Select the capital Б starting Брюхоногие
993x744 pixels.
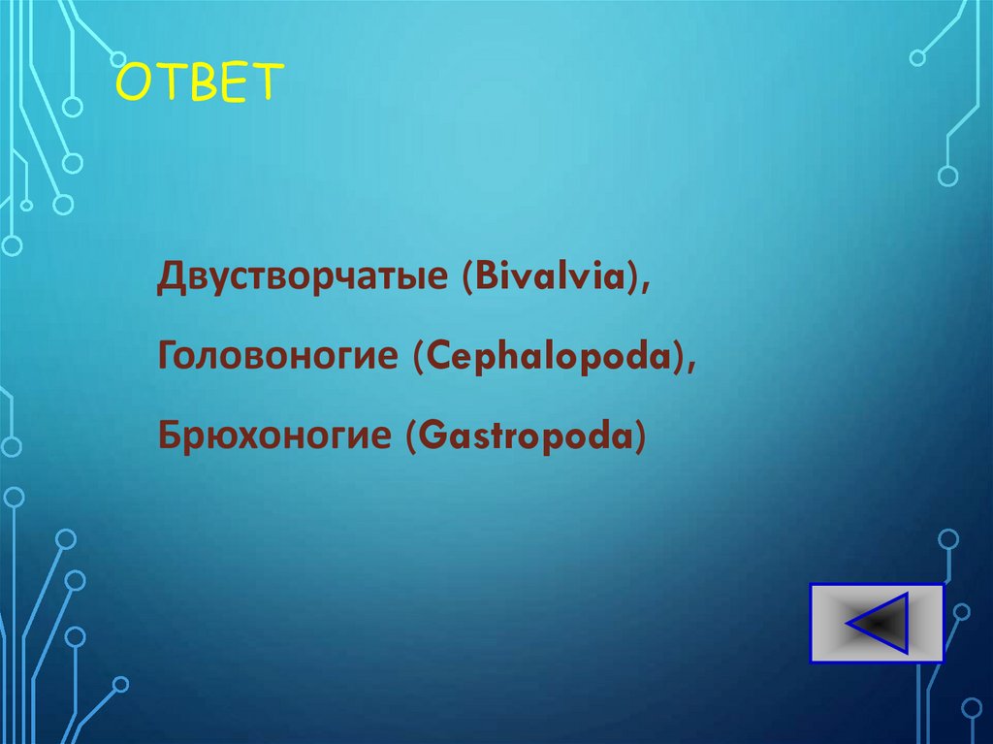171,436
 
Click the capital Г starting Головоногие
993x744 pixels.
169,357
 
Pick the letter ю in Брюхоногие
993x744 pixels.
219,437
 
